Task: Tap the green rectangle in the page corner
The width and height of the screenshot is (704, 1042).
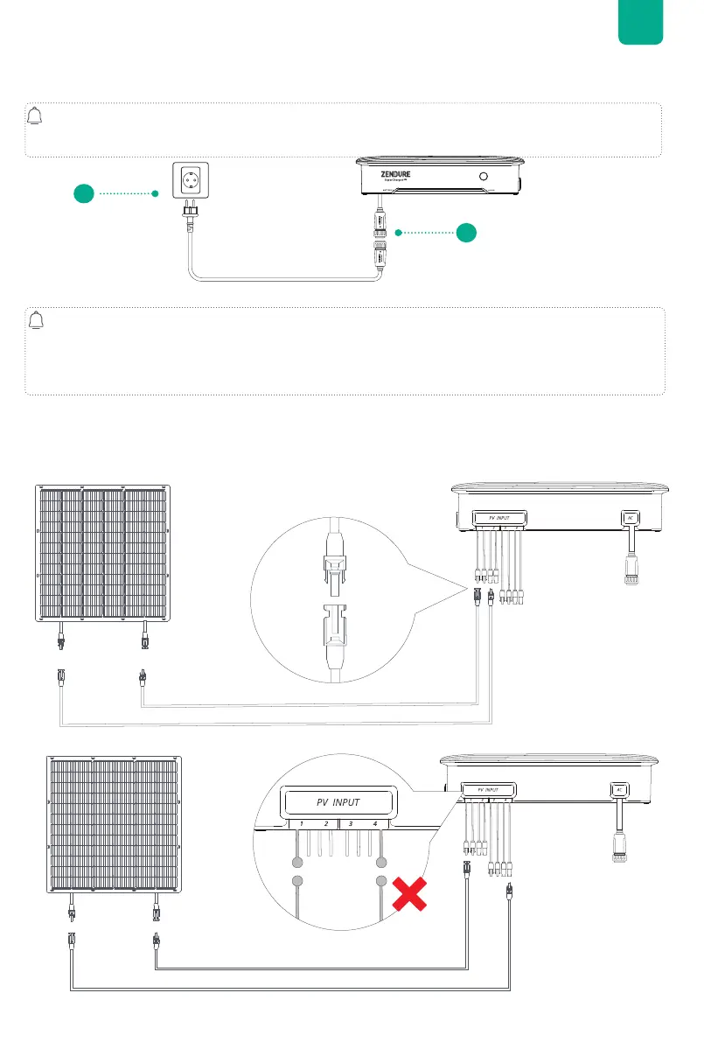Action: click(640, 22)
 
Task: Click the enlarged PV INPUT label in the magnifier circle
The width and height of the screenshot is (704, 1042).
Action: click(338, 801)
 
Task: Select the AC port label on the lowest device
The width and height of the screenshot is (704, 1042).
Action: click(619, 789)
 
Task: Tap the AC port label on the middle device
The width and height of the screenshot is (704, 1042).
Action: click(629, 517)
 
